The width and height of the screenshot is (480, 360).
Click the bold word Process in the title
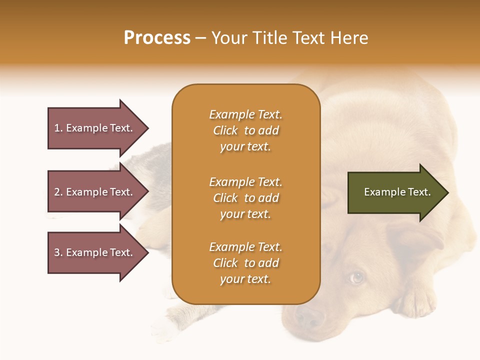157,38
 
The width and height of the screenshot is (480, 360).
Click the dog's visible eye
356,276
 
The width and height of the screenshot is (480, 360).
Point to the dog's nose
309,316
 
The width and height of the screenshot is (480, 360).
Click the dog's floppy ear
415,237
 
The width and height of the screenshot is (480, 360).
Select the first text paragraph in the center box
245,130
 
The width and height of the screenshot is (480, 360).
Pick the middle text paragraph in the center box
245,198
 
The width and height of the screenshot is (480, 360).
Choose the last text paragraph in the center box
245,263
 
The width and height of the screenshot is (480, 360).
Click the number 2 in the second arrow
57,192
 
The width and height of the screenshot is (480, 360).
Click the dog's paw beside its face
417,300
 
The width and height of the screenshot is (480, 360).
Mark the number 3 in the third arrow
57,252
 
